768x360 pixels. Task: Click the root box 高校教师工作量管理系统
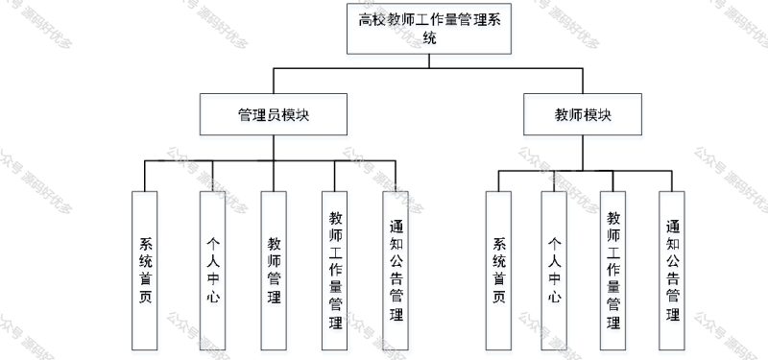point(429,28)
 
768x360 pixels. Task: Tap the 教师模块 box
point(582,113)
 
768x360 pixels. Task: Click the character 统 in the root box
point(429,39)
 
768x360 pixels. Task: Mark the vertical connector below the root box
point(429,60)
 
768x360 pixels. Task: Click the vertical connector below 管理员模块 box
point(274,146)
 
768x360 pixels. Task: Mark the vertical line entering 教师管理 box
point(274,175)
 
